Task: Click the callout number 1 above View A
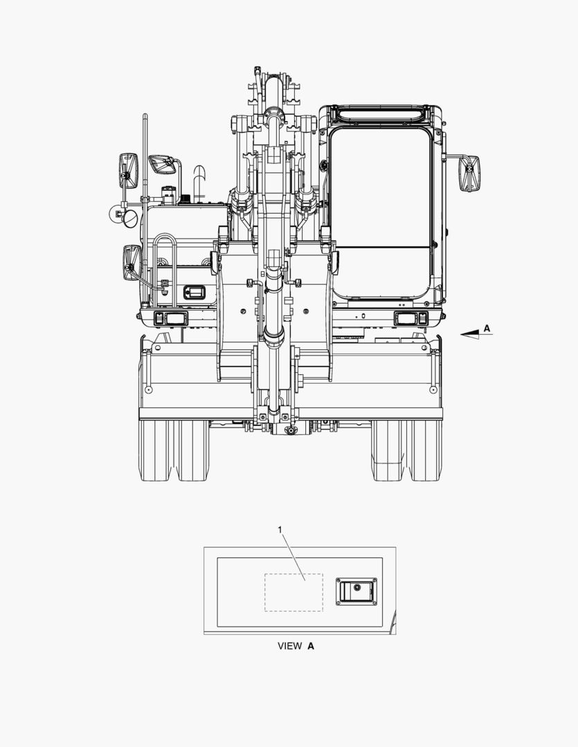pyautogui.click(x=280, y=530)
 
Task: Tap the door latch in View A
pyautogui.click(x=356, y=591)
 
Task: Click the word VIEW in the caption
pyautogui.click(x=290, y=646)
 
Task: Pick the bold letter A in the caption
pyautogui.click(x=311, y=646)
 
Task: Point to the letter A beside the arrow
pyautogui.click(x=487, y=329)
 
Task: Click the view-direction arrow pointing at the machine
pyautogui.click(x=476, y=335)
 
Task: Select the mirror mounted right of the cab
pyautogui.click(x=470, y=173)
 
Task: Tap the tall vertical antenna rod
pyautogui.click(x=145, y=157)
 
